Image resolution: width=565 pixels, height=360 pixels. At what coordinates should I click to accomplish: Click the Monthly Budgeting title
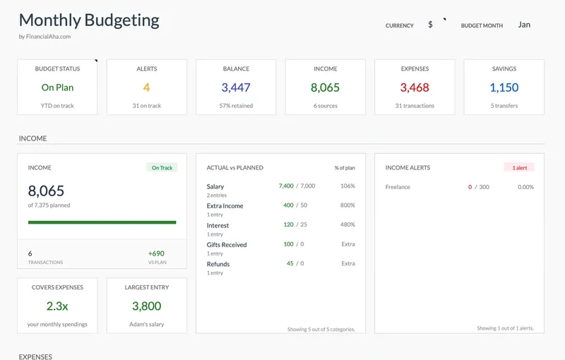89,20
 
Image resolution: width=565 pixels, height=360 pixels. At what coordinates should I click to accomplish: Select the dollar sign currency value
430,25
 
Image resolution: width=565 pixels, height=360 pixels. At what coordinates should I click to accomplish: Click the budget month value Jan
524,25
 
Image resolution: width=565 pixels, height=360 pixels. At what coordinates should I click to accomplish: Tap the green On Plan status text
57,88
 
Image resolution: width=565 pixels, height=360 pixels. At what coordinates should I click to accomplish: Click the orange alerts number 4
146,88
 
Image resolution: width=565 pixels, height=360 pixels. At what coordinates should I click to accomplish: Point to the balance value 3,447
236,88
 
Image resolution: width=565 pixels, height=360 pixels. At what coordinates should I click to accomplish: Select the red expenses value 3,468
415,88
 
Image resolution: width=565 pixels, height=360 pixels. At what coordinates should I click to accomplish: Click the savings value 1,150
504,88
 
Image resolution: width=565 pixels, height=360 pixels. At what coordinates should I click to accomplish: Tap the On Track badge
162,168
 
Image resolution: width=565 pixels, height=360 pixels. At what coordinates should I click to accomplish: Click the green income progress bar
102,222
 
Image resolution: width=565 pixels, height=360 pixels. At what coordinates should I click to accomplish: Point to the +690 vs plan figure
156,253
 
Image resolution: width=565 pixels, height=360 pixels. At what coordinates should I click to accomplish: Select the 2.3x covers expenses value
57,306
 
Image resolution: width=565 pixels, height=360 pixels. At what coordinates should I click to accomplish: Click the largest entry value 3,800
146,306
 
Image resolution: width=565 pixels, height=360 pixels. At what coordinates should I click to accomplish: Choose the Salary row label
215,186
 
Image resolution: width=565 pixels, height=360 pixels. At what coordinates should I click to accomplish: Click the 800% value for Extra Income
347,205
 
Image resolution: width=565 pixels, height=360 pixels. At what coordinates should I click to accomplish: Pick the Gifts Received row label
227,244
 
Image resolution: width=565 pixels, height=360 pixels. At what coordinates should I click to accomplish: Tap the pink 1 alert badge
519,168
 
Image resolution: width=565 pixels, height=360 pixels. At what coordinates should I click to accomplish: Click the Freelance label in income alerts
398,187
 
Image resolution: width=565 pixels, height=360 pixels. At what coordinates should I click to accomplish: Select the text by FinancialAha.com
44,37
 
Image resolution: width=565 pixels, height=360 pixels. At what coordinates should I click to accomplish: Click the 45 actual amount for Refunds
290,263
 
